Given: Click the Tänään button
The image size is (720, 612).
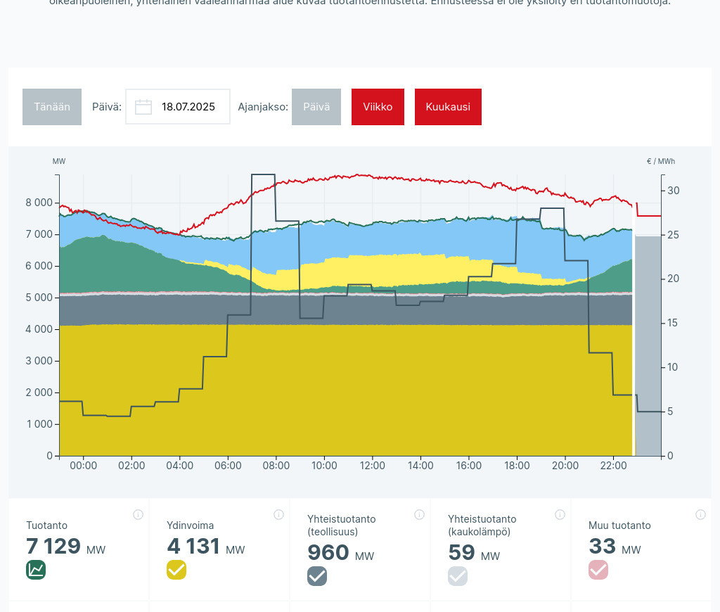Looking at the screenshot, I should [x=52, y=107].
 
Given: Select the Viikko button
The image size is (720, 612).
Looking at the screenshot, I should [x=378, y=107].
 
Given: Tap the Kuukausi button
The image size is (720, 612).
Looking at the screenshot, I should [x=448, y=107].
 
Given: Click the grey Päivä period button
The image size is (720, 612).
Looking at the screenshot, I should [x=316, y=107].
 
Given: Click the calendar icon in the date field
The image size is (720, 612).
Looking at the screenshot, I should [x=143, y=107].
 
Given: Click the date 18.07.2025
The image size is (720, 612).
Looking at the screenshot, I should [x=188, y=107].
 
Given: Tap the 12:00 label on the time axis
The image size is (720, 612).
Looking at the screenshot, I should [x=372, y=466].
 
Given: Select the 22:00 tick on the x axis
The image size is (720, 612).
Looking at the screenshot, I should [x=613, y=466].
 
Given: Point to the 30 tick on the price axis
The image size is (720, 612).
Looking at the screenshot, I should [x=674, y=191].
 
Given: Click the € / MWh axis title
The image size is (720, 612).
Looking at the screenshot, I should [x=660, y=161].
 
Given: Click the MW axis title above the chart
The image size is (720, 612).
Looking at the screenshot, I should [x=59, y=161].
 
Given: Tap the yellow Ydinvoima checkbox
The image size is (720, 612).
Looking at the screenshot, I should [x=176, y=570].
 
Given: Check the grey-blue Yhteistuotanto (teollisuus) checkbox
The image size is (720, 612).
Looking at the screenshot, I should [x=317, y=576].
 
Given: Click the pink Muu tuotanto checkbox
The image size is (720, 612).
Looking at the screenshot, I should [x=598, y=570].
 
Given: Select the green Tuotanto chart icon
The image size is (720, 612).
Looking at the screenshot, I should [x=36, y=570].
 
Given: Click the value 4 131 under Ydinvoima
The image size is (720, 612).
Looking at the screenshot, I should [x=193, y=547].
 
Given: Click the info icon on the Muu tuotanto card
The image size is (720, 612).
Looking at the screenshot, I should [x=700, y=514].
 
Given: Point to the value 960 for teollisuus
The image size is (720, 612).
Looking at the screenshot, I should [x=328, y=553].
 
